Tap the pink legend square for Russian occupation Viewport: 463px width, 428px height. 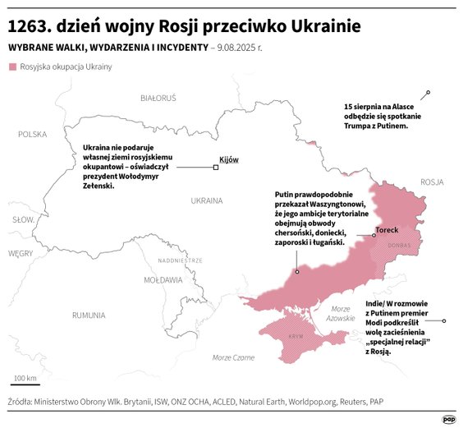(12, 67)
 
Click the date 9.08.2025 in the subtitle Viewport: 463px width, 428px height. (237, 48)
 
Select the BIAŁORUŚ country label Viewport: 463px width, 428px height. (158, 98)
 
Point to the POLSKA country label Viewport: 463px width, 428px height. (34, 134)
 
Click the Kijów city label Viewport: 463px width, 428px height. (229, 159)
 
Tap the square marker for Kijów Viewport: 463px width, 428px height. (216, 168)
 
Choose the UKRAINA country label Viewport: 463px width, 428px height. (207, 200)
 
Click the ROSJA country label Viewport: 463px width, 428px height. (431, 182)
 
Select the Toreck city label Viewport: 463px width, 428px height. (387, 230)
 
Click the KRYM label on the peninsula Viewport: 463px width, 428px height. (296, 338)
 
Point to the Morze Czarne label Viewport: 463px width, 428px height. (233, 357)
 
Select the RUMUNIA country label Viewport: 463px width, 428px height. (88, 315)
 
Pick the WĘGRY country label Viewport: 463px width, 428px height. (20, 254)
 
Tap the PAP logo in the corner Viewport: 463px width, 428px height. (449, 417)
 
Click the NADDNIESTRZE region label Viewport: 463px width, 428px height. (180, 260)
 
